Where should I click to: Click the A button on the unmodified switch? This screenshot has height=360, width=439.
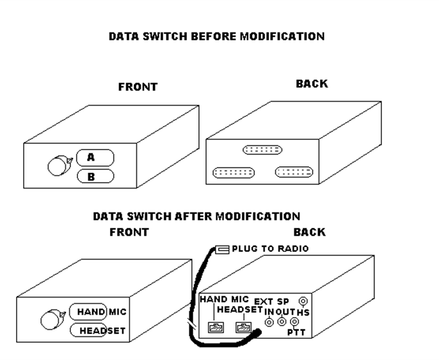(x=95, y=157)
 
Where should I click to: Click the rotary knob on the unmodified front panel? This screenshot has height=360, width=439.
(x=59, y=166)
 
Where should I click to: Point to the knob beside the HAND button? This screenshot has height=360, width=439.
(x=51, y=318)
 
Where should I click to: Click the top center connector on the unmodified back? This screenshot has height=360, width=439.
(x=262, y=150)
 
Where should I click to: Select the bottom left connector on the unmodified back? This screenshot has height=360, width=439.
(x=233, y=173)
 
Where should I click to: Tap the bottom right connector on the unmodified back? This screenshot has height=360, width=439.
(x=294, y=171)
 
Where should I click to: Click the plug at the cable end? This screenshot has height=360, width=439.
(x=223, y=249)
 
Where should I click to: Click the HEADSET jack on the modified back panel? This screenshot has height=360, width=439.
(x=243, y=328)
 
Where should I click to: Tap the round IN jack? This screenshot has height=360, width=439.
(x=269, y=322)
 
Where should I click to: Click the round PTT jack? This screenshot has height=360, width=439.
(x=293, y=322)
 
